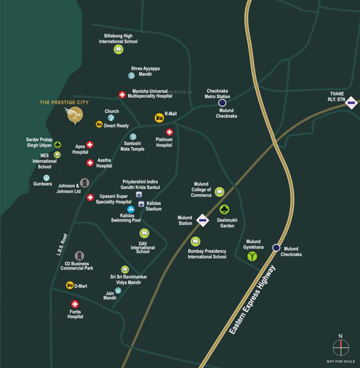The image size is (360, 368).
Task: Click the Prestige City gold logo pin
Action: point(74,115)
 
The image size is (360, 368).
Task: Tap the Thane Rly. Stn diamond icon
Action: point(352,103)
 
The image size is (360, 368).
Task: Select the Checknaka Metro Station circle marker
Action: point(222,103)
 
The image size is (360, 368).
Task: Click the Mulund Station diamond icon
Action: point(203,220)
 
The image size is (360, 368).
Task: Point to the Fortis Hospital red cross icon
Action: point(75,304)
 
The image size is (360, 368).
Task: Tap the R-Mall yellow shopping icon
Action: point(158,117)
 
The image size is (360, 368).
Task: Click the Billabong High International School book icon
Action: point(118,49)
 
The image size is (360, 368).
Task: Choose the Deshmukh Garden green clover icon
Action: point(224,209)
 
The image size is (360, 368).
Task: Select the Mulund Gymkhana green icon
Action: point(252,256)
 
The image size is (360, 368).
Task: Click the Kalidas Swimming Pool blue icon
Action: point(131,209)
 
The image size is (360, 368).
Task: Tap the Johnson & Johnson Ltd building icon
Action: point(84,183)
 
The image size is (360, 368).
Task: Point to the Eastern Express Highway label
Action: point(253,299)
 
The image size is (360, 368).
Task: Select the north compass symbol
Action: point(341,347)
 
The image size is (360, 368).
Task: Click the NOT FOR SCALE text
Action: point(341,361)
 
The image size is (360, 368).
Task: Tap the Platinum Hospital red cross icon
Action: point(169,132)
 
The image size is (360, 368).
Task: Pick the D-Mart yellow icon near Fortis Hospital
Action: point(69,286)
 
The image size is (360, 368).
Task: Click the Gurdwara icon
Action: point(46,177)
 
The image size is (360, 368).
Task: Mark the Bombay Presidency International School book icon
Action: point(195,241)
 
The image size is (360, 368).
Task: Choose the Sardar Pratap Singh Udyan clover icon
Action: point(57,144)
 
